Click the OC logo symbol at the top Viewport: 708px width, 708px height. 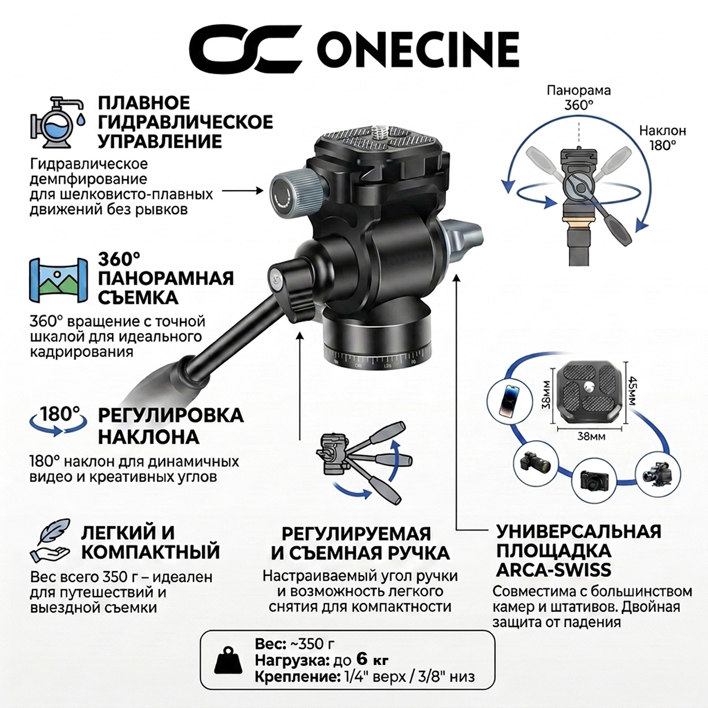coord(245,48)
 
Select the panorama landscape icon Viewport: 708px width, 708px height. coord(58,280)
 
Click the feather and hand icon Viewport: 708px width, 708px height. coord(50,541)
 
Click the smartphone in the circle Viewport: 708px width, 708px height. coord(509,401)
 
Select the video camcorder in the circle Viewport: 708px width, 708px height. coord(657,474)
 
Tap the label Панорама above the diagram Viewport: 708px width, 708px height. coord(579,90)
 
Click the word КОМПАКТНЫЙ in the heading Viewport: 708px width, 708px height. coord(150,552)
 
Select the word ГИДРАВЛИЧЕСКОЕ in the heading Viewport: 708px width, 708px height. coord(185,122)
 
